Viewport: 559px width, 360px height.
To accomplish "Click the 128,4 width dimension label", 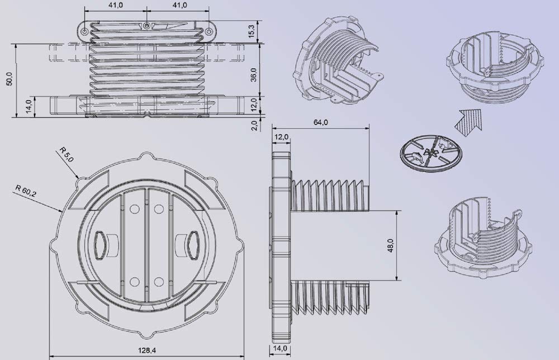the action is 147,350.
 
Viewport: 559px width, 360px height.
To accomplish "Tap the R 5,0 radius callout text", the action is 66,154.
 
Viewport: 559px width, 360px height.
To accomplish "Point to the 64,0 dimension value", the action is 320,122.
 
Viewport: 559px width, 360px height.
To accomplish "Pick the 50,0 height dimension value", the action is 10,79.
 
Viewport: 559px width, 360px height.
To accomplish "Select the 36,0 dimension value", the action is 253,74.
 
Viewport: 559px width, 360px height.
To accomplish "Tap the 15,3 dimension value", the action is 252,31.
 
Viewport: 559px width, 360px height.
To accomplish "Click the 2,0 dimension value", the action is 254,125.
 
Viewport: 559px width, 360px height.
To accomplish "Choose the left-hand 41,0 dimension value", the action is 116,5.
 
